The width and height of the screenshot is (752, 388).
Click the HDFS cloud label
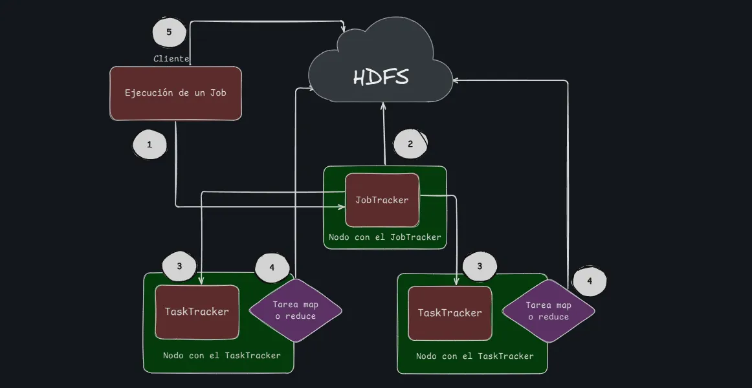point(381,77)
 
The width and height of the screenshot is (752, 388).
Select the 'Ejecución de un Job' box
point(175,93)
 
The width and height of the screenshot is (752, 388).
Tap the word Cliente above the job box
point(171,59)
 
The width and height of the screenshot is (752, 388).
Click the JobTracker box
point(382,200)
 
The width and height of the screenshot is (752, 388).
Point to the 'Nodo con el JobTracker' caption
point(384,237)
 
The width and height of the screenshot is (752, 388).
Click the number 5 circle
point(169,32)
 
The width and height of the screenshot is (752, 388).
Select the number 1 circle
point(149,145)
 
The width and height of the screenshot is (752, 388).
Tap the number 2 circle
point(410,144)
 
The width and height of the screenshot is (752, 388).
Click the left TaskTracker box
point(197,312)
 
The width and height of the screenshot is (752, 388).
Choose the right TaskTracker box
point(450,313)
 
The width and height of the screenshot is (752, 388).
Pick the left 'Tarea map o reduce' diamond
point(295,310)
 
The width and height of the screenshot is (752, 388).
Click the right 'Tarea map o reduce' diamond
point(548,311)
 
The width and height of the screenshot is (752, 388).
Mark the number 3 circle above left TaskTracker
point(179,266)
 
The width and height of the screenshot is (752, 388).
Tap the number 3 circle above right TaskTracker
point(480,266)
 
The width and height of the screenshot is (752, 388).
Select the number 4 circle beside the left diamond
point(272,267)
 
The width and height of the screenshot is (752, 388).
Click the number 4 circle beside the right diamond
point(589,281)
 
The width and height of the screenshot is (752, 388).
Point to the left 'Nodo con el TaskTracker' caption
point(221,355)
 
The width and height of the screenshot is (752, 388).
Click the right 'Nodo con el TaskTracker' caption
point(474,356)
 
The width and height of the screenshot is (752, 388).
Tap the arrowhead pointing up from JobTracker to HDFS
point(384,105)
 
